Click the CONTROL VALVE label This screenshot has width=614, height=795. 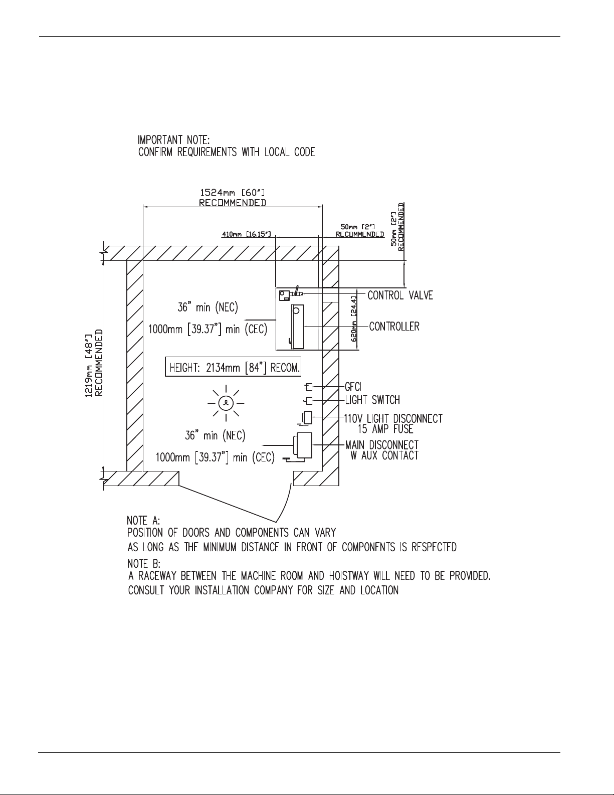[x=400, y=295]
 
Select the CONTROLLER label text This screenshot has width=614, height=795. [x=394, y=327]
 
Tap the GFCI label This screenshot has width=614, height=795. [x=353, y=387]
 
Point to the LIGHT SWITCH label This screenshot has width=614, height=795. [x=372, y=400]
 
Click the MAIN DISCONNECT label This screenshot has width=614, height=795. [x=382, y=445]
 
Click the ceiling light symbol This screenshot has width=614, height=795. [x=226, y=402]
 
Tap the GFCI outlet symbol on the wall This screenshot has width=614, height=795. [x=309, y=387]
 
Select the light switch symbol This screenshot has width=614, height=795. [x=309, y=400]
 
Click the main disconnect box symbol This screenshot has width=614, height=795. [x=303, y=444]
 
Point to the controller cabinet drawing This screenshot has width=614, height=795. [x=297, y=326]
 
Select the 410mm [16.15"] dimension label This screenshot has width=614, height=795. [x=246, y=234]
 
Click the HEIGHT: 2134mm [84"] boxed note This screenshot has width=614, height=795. [x=234, y=367]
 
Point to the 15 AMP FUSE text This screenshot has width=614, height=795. [x=385, y=429]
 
